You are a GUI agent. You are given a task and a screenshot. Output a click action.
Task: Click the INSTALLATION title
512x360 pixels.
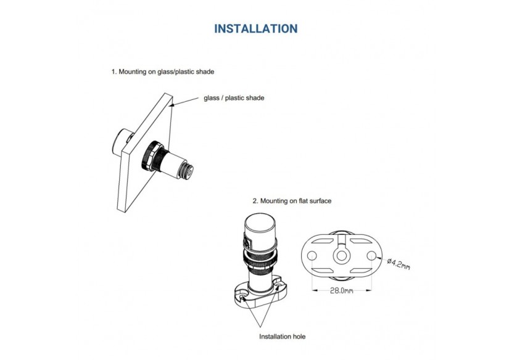pos(255,29)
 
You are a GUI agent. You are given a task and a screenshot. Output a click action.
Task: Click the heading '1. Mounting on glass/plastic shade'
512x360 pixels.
pos(163,72)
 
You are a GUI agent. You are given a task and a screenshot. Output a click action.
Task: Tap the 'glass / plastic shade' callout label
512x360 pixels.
pos(234,98)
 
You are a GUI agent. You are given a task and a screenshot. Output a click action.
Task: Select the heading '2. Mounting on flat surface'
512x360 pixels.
pos(292,201)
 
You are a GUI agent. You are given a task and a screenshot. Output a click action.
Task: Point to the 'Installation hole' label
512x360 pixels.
pos(282,336)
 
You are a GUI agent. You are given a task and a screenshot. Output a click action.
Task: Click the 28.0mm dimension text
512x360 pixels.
pos(341,290)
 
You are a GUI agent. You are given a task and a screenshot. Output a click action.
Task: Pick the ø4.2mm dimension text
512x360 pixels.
pos(398,264)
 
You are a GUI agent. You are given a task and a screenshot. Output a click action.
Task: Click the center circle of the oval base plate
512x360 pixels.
pos(342,256)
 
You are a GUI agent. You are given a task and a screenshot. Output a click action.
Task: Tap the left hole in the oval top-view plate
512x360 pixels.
pos(312,256)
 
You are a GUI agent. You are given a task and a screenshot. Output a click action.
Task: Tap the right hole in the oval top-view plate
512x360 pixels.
pos(371,256)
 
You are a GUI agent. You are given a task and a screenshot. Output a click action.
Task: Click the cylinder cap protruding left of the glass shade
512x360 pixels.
pos(120,143)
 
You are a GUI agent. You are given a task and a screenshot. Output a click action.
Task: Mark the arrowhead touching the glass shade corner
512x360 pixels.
pos(173,104)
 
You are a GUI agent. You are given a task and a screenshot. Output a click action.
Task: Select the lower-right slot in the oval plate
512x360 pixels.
pos(361,271)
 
